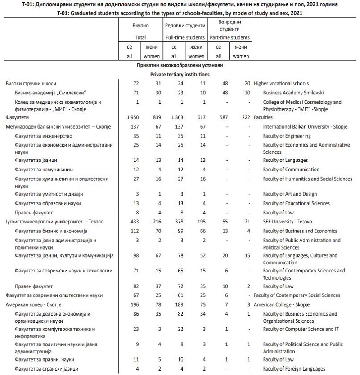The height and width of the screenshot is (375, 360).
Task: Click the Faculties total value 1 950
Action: pyautogui.click(x=132, y=117)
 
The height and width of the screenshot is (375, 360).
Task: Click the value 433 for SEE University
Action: pyautogui.click(x=134, y=222)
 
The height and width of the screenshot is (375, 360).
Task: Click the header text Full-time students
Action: pyautogui.click(x=185, y=37)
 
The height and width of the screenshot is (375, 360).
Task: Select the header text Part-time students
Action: pyautogui.click(x=229, y=37)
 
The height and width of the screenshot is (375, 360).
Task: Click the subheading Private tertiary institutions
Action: pyautogui.click(x=180, y=74)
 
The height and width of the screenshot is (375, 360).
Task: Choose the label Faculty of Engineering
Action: pyautogui.click(x=287, y=136)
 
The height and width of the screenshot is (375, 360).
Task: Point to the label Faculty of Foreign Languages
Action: pyautogui.click(x=294, y=369)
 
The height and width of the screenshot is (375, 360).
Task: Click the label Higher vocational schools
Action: pyautogui.click(x=281, y=83)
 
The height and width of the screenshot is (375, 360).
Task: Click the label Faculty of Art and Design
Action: pyautogui.click(x=290, y=194)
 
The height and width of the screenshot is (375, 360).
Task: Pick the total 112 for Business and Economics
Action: pyautogui.click(x=134, y=231)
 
